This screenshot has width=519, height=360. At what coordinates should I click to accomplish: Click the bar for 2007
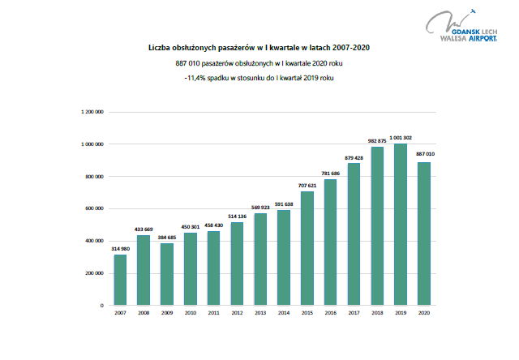(x=120, y=280)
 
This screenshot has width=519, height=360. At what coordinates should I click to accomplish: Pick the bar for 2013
(x=260, y=259)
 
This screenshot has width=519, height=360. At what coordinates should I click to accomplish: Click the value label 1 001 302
(x=401, y=138)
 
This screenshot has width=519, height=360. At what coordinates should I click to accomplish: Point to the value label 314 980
(x=120, y=249)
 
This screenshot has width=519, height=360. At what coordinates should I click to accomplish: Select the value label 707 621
(x=307, y=186)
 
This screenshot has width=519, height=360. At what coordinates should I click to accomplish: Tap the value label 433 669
(x=144, y=229)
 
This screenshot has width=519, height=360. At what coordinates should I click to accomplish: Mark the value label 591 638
(x=284, y=204)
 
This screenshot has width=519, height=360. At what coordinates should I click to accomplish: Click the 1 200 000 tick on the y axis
(x=90, y=111)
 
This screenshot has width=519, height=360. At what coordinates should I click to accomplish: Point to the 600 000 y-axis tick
(x=92, y=208)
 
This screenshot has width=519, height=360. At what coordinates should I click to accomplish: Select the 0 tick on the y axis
(x=101, y=306)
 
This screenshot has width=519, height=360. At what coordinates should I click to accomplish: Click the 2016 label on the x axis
(x=331, y=314)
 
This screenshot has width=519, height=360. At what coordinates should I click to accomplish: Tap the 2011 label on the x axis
(x=213, y=314)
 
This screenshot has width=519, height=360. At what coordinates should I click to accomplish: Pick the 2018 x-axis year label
(x=377, y=314)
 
